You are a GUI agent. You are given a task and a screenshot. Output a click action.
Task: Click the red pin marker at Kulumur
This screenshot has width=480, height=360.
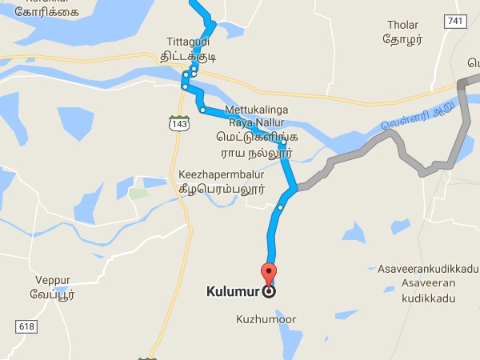click(x=269, y=271)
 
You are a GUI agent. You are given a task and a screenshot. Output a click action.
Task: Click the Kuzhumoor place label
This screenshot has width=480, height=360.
click(x=266, y=319)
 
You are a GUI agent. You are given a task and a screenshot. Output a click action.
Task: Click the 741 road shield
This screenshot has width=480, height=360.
click(x=455, y=21)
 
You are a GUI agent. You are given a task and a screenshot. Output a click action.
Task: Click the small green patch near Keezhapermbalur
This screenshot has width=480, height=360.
click(x=138, y=194)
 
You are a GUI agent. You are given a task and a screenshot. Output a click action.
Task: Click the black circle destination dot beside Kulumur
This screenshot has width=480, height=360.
click(x=269, y=292)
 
